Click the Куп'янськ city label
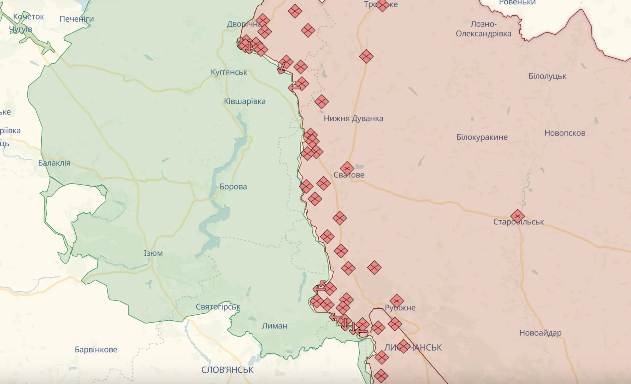(229, 72)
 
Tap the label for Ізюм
(153, 253)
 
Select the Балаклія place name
(54, 163)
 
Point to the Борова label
(233, 187)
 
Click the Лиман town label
(274, 326)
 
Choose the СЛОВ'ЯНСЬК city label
(227, 370)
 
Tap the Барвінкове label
(96, 350)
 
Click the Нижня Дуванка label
(353, 119)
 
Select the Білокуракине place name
(482, 137)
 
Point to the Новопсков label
(565, 133)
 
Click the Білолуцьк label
(547, 76)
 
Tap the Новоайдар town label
(540, 333)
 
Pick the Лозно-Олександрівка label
(483, 29)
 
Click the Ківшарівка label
(245, 102)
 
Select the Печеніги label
(77, 19)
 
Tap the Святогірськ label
(218, 307)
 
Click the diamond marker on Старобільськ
(517, 216)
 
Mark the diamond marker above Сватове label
(347, 169)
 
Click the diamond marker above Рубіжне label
(397, 301)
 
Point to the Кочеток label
(28, 17)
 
